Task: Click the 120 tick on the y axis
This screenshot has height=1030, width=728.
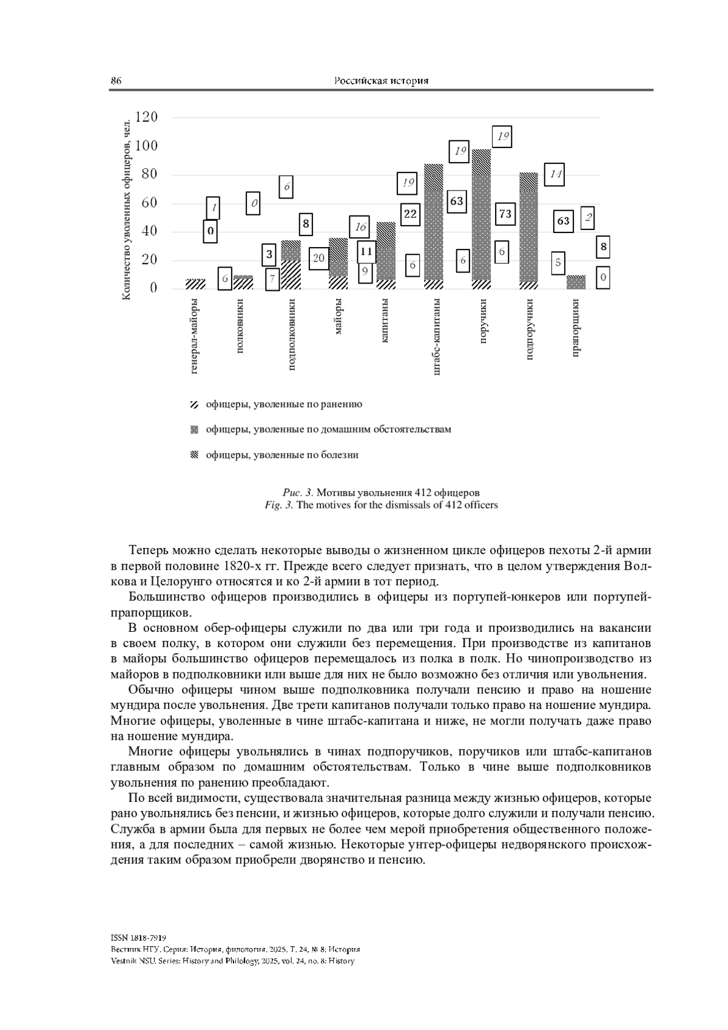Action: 146,117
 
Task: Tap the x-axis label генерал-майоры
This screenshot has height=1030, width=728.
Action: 195,336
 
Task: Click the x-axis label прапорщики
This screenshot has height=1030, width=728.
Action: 576,328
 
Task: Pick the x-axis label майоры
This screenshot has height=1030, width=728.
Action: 339,316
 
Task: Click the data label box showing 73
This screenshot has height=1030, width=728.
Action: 505,214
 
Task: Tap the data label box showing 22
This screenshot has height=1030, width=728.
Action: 410,214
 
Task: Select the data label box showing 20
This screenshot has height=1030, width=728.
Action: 318,258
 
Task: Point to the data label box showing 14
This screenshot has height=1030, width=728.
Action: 554,175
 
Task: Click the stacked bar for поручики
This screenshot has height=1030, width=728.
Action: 481,219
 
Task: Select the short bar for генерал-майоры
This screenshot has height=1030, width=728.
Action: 195,283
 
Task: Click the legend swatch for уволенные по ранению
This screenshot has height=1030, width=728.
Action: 194,404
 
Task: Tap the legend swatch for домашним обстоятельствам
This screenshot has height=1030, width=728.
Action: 194,430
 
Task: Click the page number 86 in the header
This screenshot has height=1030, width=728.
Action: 116,81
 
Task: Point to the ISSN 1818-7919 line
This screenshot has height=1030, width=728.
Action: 139,938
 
